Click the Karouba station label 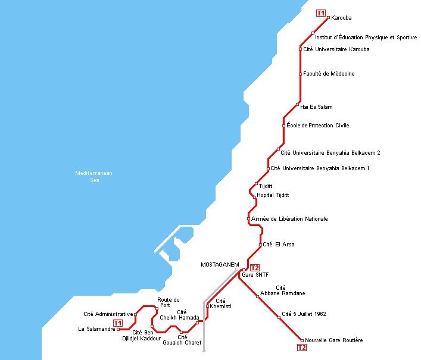(x=342, y=18)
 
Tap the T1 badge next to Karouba (x=321, y=13)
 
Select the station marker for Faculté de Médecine (x=300, y=74)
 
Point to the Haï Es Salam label (x=316, y=107)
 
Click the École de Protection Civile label (x=318, y=126)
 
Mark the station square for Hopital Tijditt (x=255, y=196)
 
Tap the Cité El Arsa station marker (x=261, y=245)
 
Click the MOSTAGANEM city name (x=220, y=264)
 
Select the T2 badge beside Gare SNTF (x=255, y=268)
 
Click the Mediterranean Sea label (x=93, y=176)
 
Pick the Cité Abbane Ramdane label (x=283, y=290)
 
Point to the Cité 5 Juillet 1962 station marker (x=279, y=317)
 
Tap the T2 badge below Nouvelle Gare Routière (x=302, y=348)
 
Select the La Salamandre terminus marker (x=118, y=328)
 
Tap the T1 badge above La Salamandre (x=126, y=323)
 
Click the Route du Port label (x=168, y=302)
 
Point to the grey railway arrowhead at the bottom (x=204, y=350)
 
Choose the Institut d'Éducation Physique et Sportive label (x=366, y=37)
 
